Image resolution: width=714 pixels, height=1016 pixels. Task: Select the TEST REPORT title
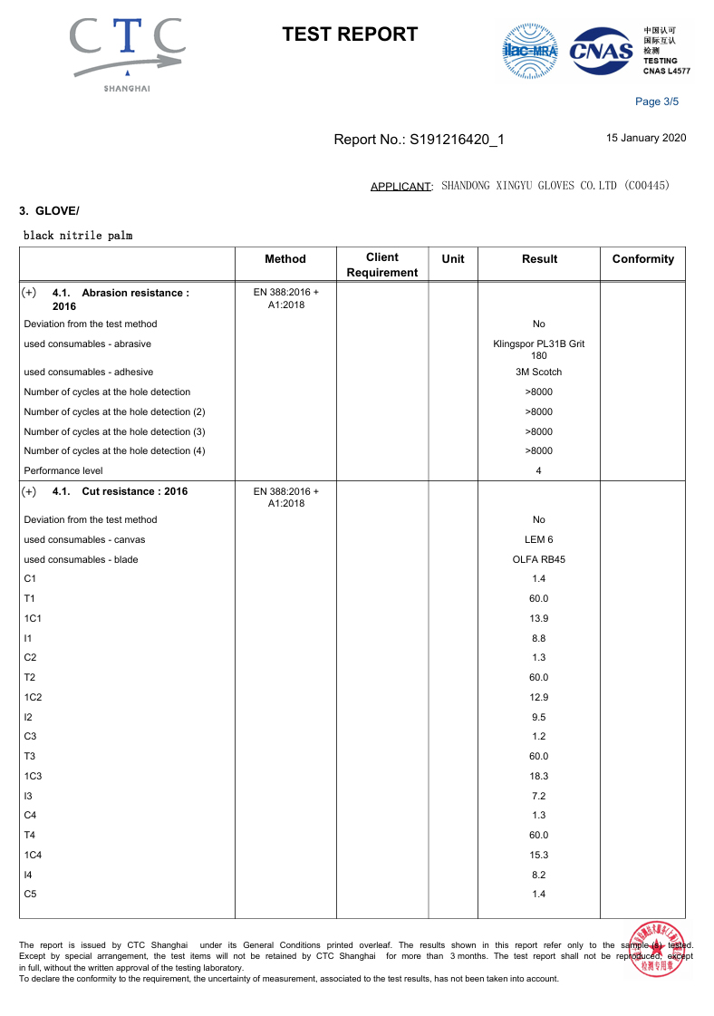click(x=350, y=34)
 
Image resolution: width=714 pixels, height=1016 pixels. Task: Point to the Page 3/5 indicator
click(x=657, y=102)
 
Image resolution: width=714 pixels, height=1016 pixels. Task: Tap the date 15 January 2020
click(x=646, y=139)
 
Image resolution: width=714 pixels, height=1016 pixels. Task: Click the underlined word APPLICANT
click(x=400, y=187)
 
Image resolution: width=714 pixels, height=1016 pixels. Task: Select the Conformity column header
click(x=642, y=259)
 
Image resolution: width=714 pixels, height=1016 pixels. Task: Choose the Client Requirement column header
click(x=382, y=265)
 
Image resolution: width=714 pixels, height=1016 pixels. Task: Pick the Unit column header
click(x=452, y=259)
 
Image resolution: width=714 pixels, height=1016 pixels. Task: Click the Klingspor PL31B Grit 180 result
click(x=538, y=349)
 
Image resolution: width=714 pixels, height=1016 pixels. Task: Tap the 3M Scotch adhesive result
click(x=538, y=372)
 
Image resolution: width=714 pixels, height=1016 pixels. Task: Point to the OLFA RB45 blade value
click(x=538, y=559)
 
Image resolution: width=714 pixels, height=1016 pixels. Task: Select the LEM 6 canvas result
click(x=538, y=539)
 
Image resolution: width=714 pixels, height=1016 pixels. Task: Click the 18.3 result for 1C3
click(x=538, y=776)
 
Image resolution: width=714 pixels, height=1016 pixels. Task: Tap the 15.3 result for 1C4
click(x=538, y=855)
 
